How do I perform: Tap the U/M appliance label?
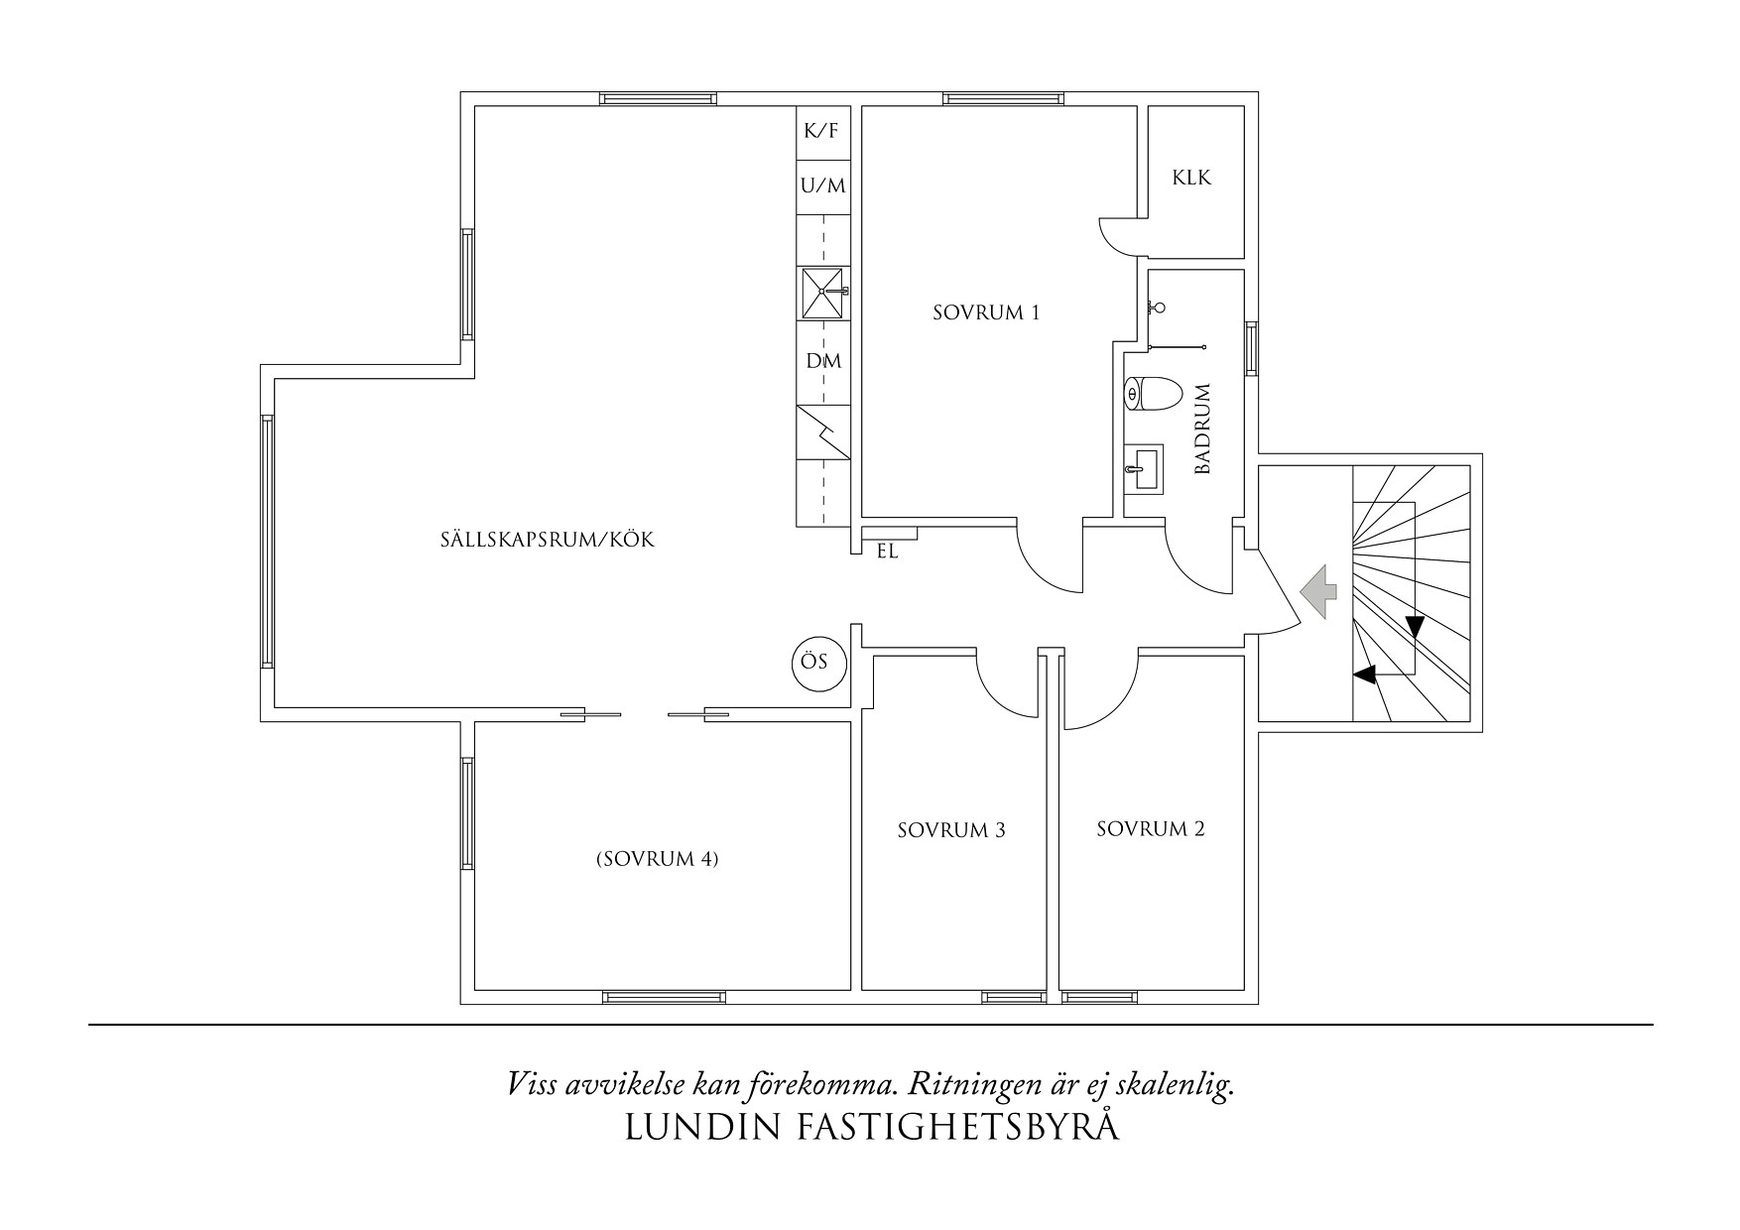[x=822, y=185]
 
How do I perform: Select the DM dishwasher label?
[x=822, y=361]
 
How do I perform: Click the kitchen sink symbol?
[x=822, y=293]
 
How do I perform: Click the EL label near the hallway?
[x=887, y=553]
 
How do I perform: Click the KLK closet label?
[x=1191, y=180]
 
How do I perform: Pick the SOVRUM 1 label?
[x=985, y=313]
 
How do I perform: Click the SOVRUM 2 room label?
[x=1150, y=829]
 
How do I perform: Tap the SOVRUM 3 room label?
[x=950, y=830]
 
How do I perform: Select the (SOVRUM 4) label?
[x=657, y=859]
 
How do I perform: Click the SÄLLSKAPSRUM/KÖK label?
[x=548, y=542]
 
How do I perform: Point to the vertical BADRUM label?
[x=1203, y=429]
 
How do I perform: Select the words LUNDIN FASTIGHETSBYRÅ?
[x=872, y=1128]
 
